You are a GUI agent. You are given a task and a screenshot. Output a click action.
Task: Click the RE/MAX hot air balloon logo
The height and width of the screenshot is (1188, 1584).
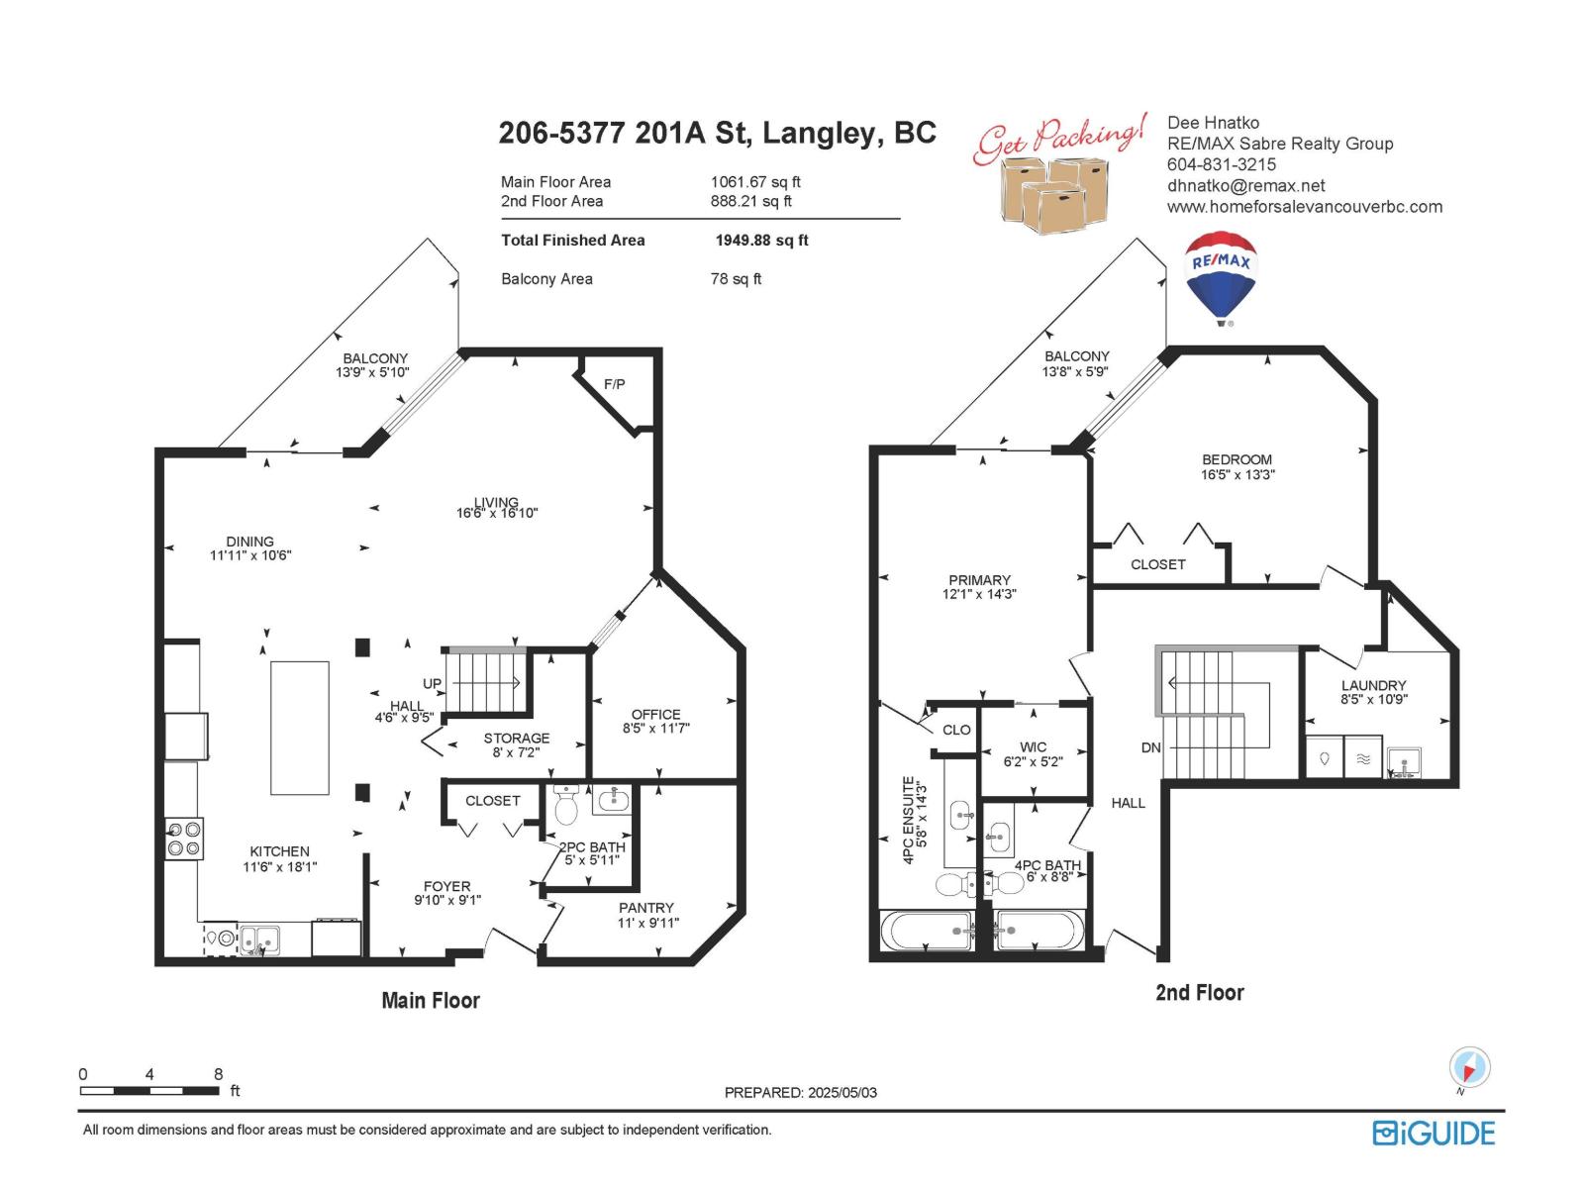[1221, 278]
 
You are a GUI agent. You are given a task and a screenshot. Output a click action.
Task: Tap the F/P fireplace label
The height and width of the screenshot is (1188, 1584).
[614, 384]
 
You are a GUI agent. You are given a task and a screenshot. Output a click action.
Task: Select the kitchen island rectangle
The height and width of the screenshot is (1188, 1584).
[300, 728]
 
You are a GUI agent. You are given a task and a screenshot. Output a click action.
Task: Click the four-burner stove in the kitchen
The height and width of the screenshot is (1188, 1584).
[184, 839]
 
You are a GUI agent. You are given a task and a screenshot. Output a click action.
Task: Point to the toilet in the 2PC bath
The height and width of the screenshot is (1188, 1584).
[566, 805]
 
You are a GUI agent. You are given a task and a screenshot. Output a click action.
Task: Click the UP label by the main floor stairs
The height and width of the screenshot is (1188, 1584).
[432, 684]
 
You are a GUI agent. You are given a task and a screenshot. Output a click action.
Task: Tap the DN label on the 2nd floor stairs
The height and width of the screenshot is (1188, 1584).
[1151, 748]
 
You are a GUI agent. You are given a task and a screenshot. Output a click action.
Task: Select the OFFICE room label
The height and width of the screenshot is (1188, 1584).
[655, 715]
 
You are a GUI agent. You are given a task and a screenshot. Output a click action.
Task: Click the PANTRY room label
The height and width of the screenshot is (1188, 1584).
[645, 908]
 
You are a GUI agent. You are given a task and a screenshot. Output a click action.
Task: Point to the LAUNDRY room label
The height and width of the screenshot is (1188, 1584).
[1373, 686]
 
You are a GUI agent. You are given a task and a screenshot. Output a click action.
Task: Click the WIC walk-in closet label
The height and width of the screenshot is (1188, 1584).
[1033, 747]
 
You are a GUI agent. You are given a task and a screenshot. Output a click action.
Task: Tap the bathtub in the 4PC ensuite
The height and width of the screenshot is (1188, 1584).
[927, 932]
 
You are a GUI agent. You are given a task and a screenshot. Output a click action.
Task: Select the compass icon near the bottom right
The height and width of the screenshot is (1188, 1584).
[1469, 1068]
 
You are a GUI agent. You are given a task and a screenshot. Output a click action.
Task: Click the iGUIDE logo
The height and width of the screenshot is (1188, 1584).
[1434, 1134]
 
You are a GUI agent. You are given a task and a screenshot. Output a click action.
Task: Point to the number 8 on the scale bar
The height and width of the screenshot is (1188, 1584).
[219, 1074]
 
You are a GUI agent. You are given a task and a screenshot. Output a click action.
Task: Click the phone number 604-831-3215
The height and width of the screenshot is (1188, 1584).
[1222, 164]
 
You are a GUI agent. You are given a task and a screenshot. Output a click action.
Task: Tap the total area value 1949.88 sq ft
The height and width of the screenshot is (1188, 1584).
[761, 241]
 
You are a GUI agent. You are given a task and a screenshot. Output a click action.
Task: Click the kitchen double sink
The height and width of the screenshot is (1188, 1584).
[259, 940]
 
